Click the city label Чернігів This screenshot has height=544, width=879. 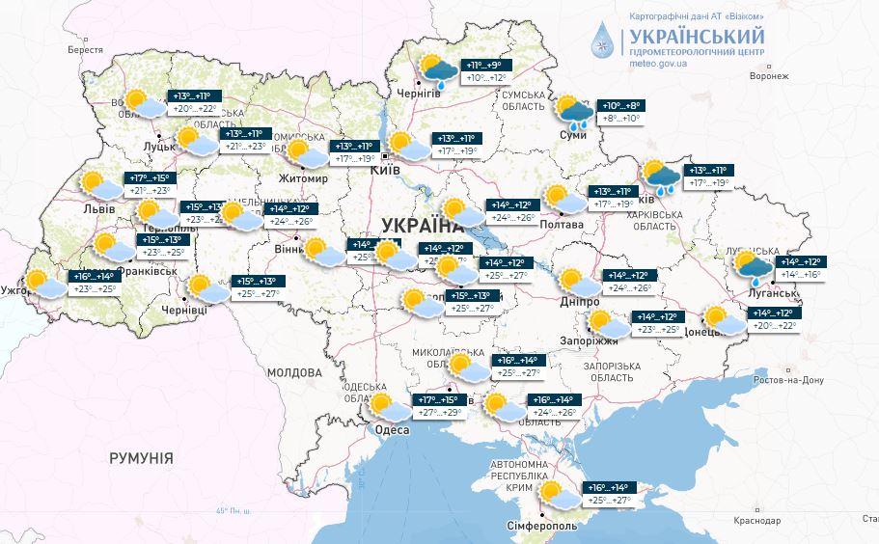tap(420, 95)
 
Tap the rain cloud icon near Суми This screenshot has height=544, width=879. tap(575, 112)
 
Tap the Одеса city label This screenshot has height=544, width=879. tap(392, 430)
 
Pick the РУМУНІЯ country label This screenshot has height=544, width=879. tap(141, 458)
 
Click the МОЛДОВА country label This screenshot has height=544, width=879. tap(293, 371)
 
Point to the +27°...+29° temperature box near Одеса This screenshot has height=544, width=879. tap(439, 412)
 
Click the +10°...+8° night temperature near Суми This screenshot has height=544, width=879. tap(621, 106)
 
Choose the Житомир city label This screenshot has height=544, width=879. tap(302, 179)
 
